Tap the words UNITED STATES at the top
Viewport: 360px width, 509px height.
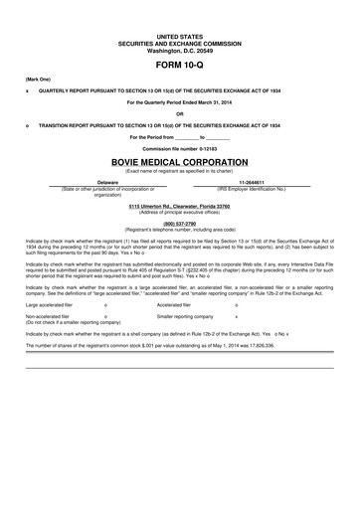[x=179, y=34]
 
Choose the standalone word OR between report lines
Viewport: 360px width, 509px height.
[x=179, y=114]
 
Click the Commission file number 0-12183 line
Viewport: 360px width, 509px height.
[x=179, y=148]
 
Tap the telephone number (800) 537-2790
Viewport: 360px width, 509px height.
[x=179, y=225]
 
